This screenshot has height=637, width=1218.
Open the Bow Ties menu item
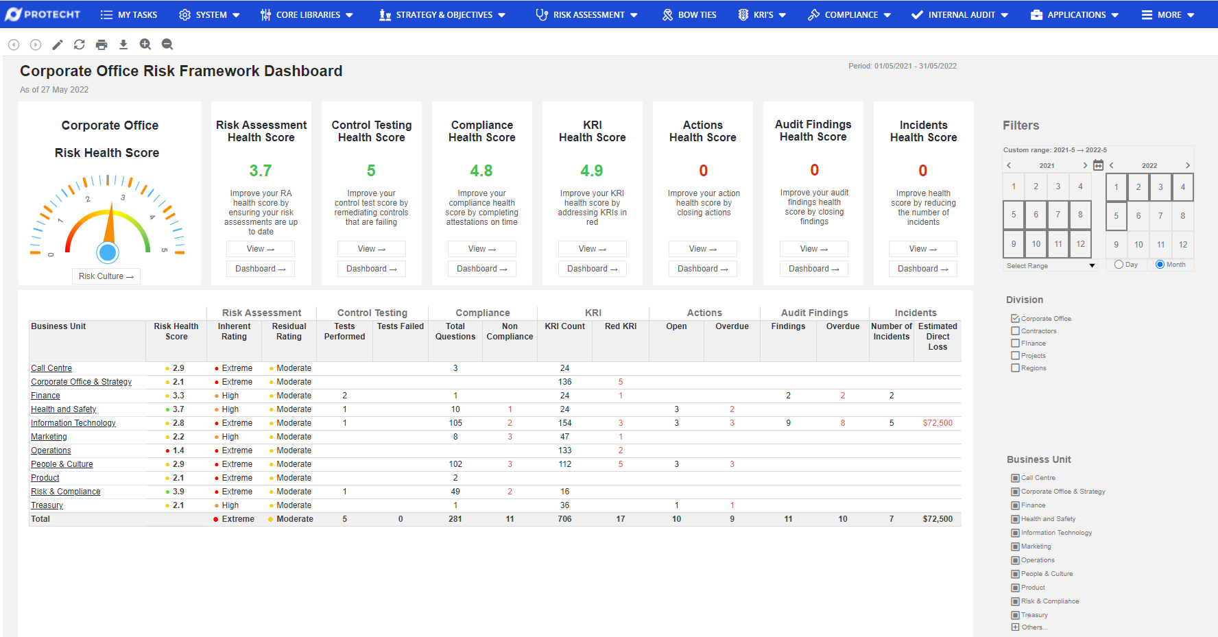point(689,14)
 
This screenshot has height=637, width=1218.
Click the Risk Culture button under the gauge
point(106,276)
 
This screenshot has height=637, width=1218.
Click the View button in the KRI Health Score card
point(592,249)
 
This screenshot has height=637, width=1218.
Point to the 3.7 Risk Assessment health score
point(261,171)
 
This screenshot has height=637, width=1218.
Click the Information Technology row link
point(73,423)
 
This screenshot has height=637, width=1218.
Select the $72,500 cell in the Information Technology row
point(937,423)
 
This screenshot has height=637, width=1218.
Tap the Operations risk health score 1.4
point(178,450)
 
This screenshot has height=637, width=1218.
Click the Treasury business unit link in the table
point(47,505)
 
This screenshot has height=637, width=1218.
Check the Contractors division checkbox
point(1015,331)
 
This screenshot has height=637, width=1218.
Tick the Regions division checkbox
point(1015,368)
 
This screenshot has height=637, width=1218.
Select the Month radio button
point(1160,265)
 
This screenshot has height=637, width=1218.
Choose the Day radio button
point(1119,265)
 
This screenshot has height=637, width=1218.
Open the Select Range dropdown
point(1050,266)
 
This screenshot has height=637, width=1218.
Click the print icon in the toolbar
point(101,45)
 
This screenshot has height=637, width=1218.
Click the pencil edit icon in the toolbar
point(58,45)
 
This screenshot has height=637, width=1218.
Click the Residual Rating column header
point(289,332)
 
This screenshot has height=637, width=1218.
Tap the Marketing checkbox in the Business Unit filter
point(1015,546)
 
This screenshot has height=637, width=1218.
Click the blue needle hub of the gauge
point(108,253)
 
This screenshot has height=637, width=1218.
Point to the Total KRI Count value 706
point(564,519)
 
